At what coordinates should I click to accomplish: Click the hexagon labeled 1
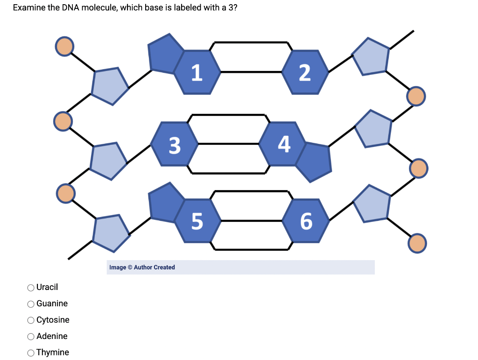[x=197, y=72]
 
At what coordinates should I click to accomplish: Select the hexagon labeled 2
[x=304, y=72]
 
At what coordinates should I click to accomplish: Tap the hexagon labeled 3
[x=174, y=144]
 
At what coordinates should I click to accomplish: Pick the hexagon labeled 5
[x=197, y=220]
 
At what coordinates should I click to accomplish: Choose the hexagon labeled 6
[x=305, y=220]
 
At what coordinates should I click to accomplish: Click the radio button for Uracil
[x=30, y=287]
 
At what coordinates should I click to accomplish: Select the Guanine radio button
[x=30, y=304]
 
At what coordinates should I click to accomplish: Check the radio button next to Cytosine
[x=30, y=320]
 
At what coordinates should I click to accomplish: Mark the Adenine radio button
[x=30, y=336]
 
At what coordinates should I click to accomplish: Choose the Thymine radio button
[x=30, y=353]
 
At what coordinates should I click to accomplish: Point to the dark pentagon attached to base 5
[x=165, y=202]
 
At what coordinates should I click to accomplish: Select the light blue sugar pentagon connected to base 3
[x=108, y=160]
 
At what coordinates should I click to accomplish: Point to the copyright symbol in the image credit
[x=130, y=268]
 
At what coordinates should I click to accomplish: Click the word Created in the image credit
[x=164, y=268]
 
